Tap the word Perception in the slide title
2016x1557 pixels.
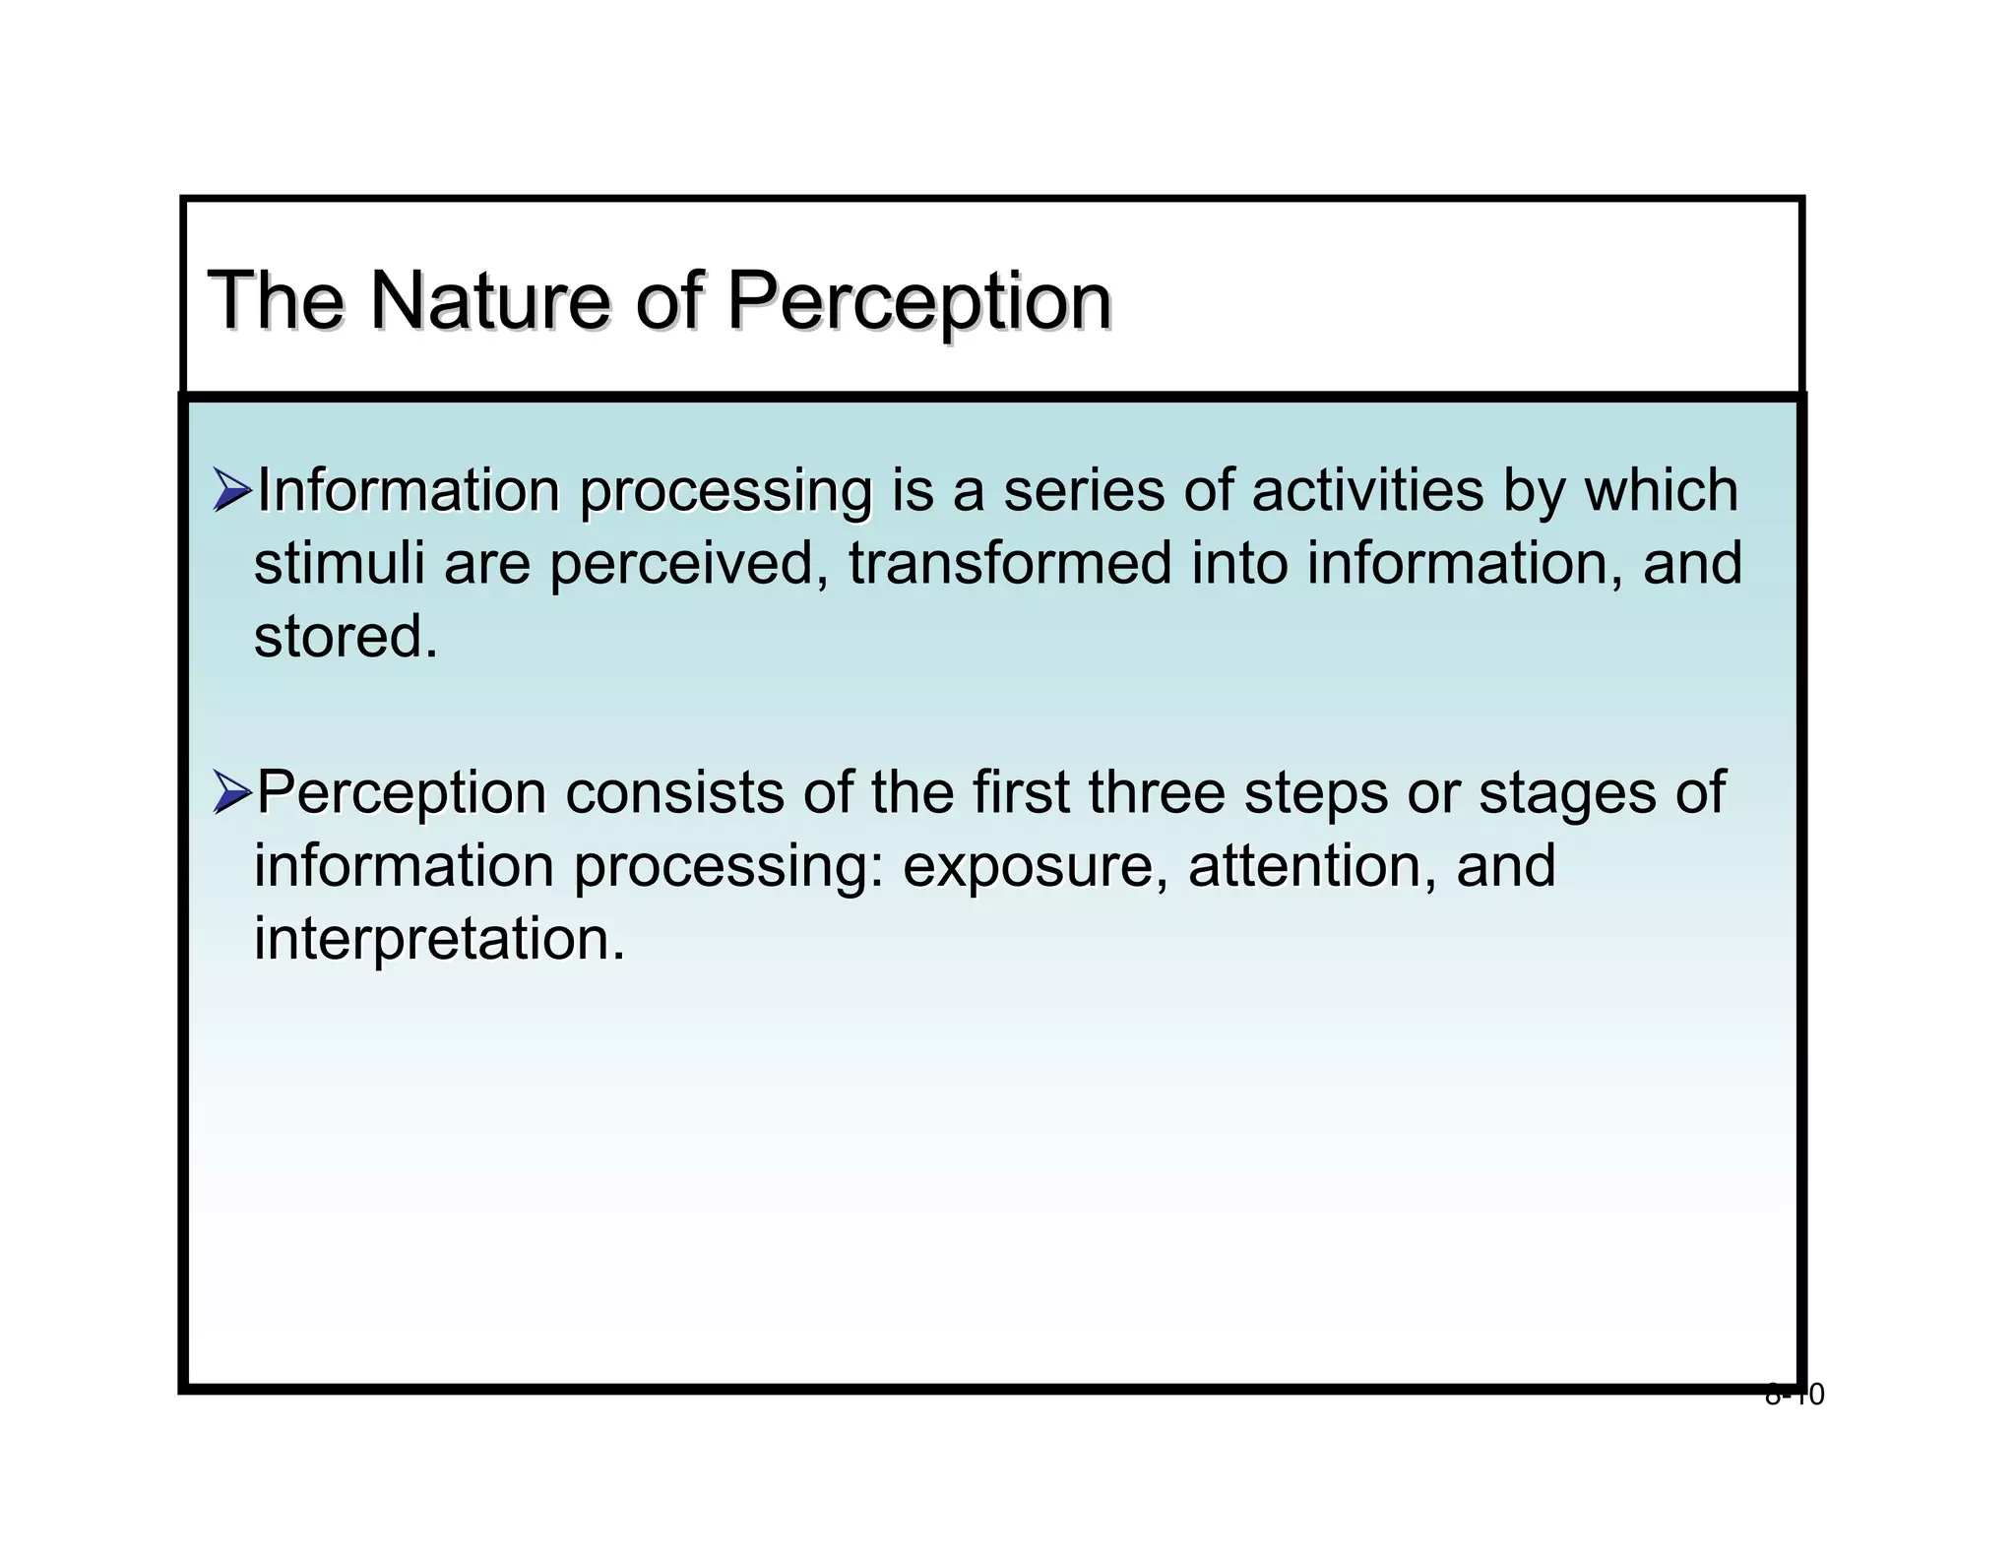point(918,301)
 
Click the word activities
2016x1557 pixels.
point(1367,490)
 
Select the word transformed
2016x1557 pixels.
point(1010,563)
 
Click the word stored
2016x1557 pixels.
point(345,636)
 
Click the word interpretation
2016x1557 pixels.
point(439,939)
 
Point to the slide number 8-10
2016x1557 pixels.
point(1794,1395)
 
